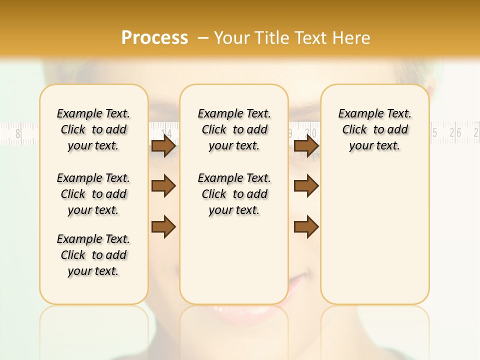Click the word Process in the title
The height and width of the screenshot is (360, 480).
tap(154, 38)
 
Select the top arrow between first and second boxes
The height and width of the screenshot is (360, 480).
tap(163, 146)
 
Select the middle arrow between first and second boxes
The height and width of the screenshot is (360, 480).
tap(163, 186)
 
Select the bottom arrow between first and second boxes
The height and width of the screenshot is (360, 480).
tap(163, 226)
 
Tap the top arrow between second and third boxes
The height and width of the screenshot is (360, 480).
tap(306, 146)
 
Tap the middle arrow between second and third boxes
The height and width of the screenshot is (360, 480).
tap(306, 186)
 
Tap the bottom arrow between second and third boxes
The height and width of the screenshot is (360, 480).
tap(306, 226)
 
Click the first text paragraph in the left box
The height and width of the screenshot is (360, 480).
tap(93, 129)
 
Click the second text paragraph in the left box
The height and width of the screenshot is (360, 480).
tap(93, 194)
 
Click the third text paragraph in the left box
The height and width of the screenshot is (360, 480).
tap(93, 255)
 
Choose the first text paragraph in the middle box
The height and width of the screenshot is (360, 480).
tap(234, 129)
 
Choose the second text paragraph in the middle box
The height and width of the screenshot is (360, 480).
tap(234, 194)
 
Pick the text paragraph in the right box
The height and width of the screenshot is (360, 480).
tap(375, 129)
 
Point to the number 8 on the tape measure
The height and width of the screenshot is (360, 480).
tap(18, 133)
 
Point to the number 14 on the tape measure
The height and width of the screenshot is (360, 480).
tap(168, 133)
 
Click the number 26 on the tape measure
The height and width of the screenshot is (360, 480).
tap(455, 132)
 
